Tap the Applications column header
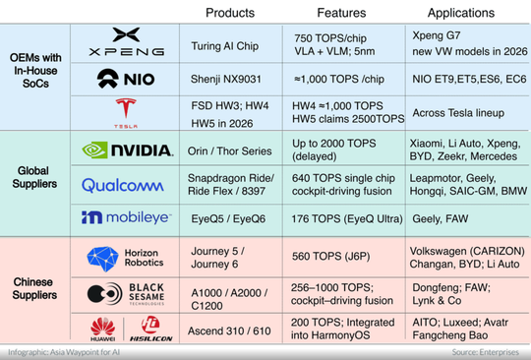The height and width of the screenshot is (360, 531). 462,13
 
